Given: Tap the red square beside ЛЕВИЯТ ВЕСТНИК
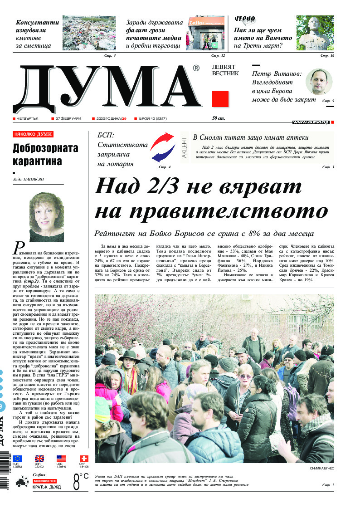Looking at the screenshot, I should (x=220, y=99).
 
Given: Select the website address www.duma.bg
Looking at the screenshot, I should (x=311, y=122).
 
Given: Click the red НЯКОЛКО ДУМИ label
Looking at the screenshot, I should (x=33, y=134).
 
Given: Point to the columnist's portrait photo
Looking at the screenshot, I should (x=46, y=217).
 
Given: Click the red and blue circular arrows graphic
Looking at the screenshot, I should (x=163, y=147).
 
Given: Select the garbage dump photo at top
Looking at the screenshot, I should (x=89, y=33).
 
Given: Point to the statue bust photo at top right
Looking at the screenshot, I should (x=315, y=33).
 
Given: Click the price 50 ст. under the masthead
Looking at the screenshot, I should (x=219, y=118).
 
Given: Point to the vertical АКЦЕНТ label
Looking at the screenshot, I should (x=184, y=147).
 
